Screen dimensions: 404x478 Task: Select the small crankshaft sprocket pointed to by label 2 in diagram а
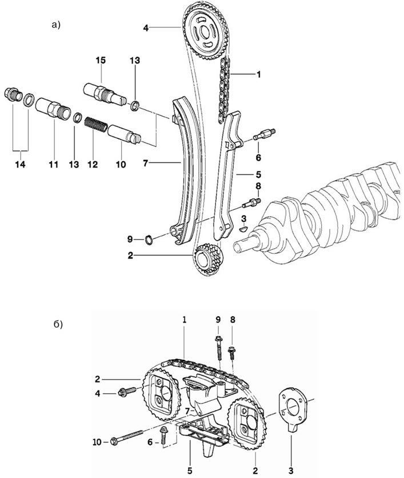pos(208,259)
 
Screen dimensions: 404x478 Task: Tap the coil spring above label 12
pos(96,125)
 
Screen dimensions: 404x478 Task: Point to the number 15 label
pos(101,61)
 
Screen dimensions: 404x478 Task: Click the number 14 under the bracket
pos(21,165)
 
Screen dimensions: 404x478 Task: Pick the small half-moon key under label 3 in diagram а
pos(244,228)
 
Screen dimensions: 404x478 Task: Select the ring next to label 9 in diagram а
pos(149,240)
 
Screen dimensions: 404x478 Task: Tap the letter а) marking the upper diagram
pos(56,25)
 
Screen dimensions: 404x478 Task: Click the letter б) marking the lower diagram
pos(58,324)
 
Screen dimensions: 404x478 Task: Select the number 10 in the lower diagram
pos(97,442)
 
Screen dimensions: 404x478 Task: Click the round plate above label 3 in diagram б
pos(293,408)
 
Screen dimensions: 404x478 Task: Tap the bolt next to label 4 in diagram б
pos(127,391)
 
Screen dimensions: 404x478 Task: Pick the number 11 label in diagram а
pos(54,165)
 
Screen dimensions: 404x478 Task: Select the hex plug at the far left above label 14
pos(13,94)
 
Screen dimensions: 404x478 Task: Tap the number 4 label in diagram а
pos(146,28)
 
